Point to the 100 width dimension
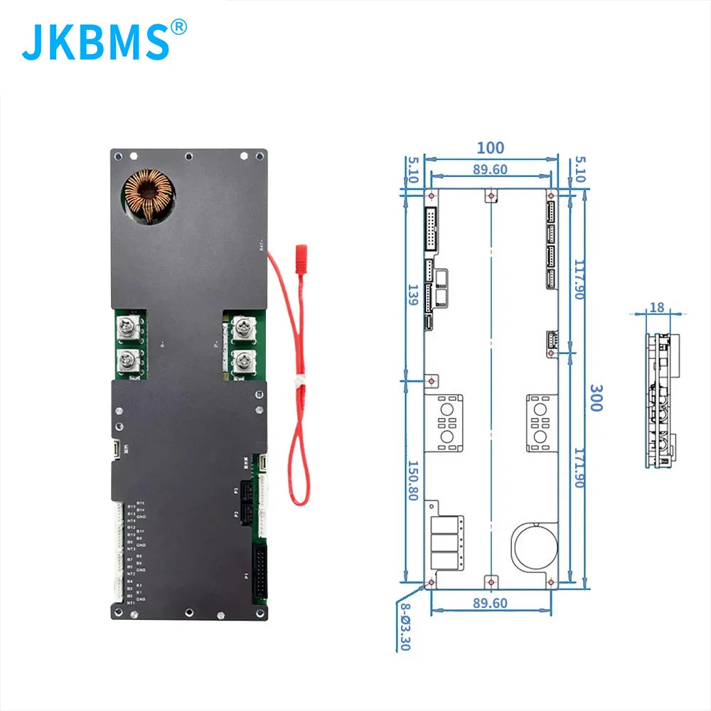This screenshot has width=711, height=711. pyautogui.click(x=490, y=148)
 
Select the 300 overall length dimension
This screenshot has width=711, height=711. pyautogui.click(x=596, y=398)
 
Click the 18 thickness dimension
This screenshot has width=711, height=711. pyautogui.click(x=656, y=307)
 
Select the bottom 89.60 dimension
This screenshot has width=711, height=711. pyautogui.click(x=490, y=603)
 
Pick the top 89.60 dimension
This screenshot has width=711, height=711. pyautogui.click(x=490, y=169)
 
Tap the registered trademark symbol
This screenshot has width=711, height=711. pyautogui.click(x=179, y=27)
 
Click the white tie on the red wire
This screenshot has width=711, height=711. pyautogui.click(x=301, y=381)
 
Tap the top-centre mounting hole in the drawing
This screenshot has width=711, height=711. pyautogui.click(x=491, y=196)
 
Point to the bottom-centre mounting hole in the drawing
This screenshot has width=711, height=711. pyautogui.click(x=491, y=582)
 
